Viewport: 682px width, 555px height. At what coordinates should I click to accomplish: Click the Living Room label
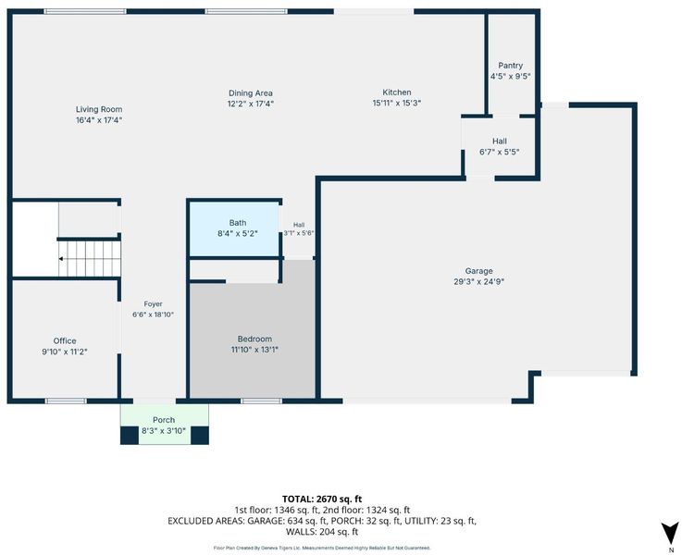99,109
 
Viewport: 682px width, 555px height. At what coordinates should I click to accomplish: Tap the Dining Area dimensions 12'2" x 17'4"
251,104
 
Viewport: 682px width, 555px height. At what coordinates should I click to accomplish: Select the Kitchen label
397,92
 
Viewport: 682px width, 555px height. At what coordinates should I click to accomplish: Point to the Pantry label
510,65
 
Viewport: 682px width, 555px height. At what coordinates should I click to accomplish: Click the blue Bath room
234,229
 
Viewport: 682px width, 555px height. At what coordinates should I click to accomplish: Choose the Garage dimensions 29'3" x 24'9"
478,281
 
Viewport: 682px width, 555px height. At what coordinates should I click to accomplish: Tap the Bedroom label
254,339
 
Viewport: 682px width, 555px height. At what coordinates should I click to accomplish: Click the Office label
65,341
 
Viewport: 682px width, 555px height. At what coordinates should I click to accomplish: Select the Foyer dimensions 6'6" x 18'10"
153,314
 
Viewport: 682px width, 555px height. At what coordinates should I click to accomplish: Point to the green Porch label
164,420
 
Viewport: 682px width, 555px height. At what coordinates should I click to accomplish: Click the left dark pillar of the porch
130,436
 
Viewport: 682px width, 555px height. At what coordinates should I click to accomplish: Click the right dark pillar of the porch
200,436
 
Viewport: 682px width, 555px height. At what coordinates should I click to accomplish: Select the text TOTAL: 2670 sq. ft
322,499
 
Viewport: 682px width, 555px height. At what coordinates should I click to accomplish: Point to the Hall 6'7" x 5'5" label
500,146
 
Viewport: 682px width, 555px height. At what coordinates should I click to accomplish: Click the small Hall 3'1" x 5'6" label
299,228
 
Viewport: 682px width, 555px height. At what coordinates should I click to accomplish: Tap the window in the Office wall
66,401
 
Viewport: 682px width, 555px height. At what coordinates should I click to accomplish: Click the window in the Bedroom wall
261,401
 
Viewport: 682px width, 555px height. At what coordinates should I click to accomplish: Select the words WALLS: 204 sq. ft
322,532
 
